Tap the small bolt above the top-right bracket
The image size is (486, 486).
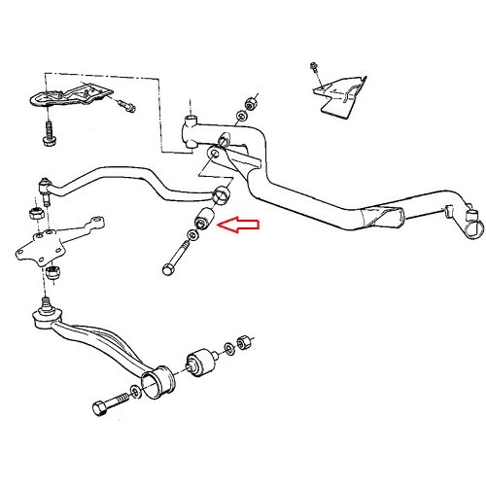point(311,68)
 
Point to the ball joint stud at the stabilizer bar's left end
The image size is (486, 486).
point(43,183)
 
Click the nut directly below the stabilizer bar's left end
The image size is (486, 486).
point(33,210)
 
